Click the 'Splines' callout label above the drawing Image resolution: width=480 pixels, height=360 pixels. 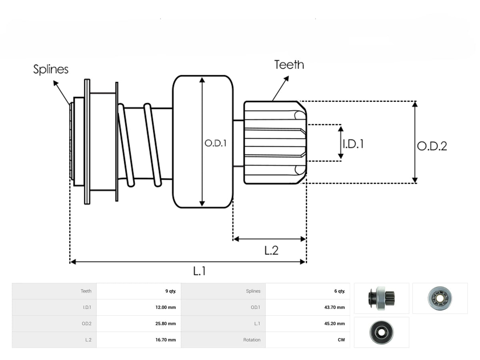[51, 69]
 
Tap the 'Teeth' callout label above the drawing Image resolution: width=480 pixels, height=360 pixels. [289, 65]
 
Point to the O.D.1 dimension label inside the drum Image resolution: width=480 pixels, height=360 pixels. [215, 143]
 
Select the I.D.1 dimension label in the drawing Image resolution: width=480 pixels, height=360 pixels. [353, 144]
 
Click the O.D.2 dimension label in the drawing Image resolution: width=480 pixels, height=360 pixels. [432, 146]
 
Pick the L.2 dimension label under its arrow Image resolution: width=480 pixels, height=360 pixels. [271, 250]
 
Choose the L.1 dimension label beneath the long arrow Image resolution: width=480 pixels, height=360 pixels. [200, 271]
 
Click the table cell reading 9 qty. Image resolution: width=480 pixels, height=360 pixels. [170, 291]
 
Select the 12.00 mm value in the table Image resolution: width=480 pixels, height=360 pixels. [166, 307]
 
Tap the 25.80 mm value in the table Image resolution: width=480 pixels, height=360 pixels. [166, 324]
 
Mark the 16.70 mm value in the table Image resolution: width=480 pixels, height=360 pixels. [166, 340]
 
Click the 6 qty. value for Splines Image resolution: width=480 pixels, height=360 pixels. [340, 291]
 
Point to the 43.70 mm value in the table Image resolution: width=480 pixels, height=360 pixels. [334, 307]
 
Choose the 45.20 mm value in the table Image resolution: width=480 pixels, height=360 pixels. [334, 324]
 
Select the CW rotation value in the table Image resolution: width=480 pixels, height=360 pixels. [341, 340]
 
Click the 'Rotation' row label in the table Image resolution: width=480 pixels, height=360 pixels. [252, 340]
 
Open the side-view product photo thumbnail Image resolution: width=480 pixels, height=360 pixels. [381, 298]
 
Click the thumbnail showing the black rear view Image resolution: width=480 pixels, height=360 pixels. [381, 332]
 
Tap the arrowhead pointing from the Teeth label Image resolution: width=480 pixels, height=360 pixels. [287, 78]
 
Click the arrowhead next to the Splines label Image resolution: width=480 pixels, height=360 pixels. [56, 83]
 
